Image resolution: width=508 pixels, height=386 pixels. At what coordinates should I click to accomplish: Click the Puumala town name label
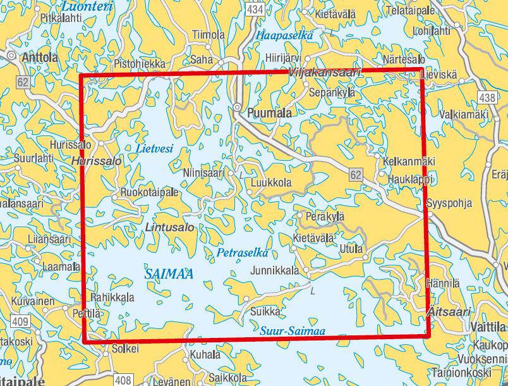point(270,113)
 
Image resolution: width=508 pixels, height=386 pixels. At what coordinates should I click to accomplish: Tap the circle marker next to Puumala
point(238,107)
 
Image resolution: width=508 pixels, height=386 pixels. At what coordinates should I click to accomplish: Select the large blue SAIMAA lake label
point(168,274)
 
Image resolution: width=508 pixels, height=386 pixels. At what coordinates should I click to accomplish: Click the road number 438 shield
point(487,97)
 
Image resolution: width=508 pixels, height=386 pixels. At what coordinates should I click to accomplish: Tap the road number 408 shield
point(124,380)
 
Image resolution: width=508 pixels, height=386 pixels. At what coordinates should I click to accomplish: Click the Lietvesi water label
point(154,149)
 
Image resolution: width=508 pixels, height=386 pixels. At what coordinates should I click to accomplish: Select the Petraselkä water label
point(242,253)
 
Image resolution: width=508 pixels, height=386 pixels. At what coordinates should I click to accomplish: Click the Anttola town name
point(40,58)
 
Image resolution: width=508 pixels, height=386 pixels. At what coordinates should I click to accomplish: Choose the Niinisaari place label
point(203,171)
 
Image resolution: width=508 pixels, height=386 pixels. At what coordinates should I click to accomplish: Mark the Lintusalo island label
point(169,226)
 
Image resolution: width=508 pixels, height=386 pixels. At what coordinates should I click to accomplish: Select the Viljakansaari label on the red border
point(324,73)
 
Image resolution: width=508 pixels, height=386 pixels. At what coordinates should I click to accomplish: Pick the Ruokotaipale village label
point(149,192)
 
